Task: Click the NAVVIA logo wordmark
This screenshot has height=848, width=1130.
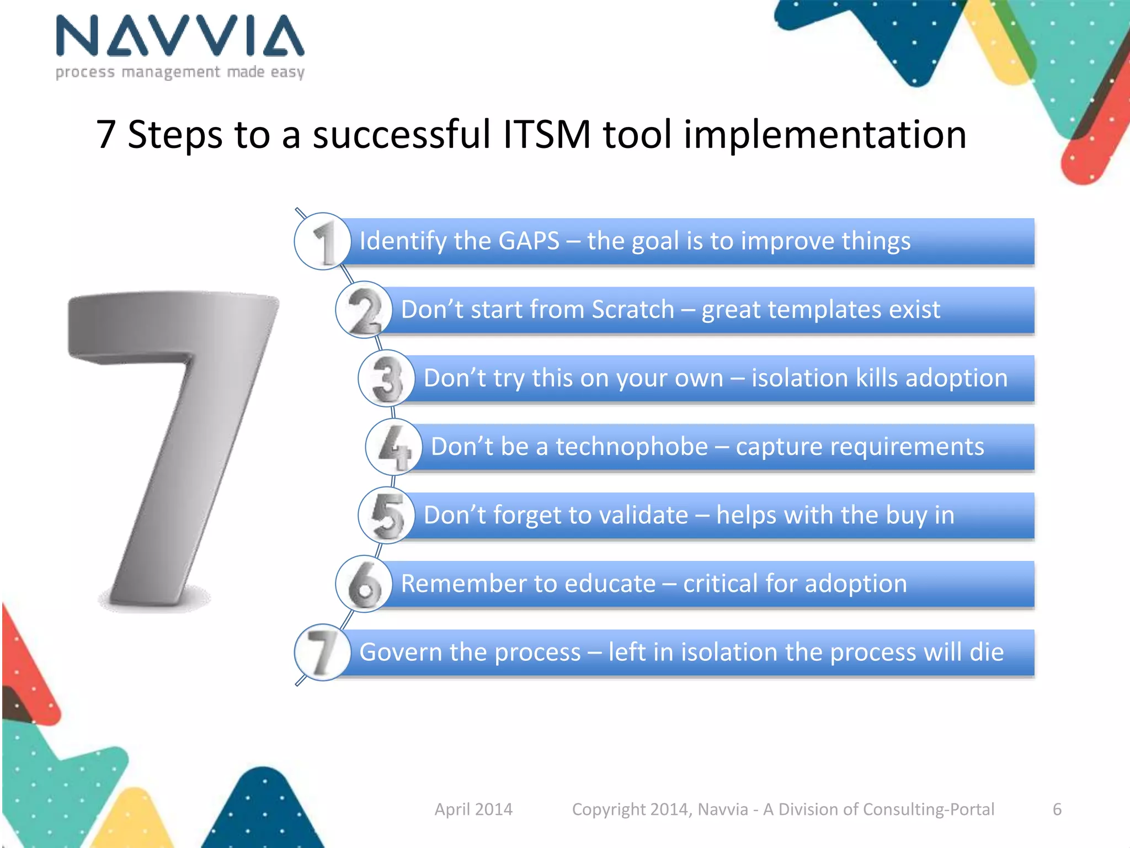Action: (180, 36)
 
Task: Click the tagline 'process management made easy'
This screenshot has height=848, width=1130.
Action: (180, 72)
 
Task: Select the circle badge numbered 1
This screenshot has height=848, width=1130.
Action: (323, 241)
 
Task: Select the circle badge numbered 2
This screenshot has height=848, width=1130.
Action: (364, 310)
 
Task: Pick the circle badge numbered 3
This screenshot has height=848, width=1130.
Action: (386, 379)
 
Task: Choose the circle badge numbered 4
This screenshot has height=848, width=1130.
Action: (393, 447)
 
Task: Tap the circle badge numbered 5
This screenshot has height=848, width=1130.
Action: (386, 516)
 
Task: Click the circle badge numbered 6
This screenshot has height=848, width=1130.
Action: (364, 584)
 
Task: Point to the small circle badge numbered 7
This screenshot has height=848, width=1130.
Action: (323, 653)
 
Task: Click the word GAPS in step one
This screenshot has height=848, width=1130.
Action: (529, 241)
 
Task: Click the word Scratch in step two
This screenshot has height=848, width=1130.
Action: (633, 310)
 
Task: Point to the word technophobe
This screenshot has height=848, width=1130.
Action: (631, 447)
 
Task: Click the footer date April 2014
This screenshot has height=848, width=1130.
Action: (473, 809)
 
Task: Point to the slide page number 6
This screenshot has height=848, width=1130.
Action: (1057, 809)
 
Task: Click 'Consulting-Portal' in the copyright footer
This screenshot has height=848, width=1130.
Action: (928, 809)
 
